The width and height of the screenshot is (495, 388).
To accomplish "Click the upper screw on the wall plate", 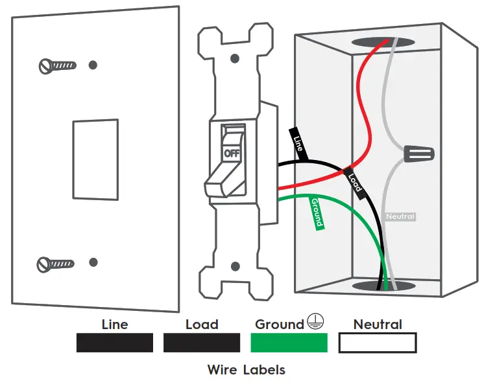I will coord(57,65).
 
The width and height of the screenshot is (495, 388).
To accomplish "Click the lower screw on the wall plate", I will coord(56,263).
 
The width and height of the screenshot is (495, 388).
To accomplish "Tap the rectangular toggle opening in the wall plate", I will coord(95,158).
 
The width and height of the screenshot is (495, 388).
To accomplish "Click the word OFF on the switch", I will coord(232,153).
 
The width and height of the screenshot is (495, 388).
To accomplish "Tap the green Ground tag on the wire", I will coord(316,212).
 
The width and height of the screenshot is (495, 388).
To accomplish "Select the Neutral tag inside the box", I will coord(400,216).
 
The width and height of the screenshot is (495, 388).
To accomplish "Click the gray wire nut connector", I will coord(418,154).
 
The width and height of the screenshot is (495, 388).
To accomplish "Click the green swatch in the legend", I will coord(289,343).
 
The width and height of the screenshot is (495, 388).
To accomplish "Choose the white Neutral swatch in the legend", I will coord(377,343).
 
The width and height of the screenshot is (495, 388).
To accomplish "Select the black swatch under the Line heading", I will coord(114,343).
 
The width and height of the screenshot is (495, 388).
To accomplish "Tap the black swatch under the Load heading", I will coord(201,343).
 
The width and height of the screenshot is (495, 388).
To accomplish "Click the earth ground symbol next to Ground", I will coord(316,323).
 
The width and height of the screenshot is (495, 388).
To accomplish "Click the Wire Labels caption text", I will coord(246,370).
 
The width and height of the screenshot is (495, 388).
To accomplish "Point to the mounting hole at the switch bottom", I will coord(235,266).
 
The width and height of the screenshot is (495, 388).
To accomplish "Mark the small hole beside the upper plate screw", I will coord(93,65).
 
